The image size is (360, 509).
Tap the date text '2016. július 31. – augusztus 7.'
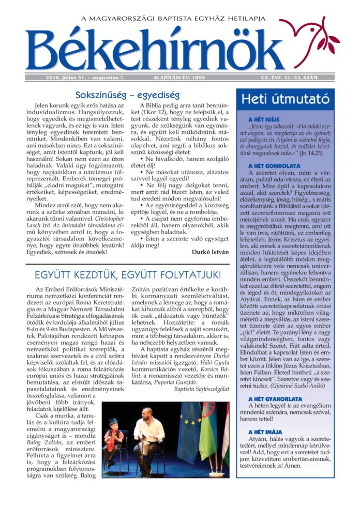point(78,78)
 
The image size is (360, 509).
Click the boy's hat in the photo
point(114,422)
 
